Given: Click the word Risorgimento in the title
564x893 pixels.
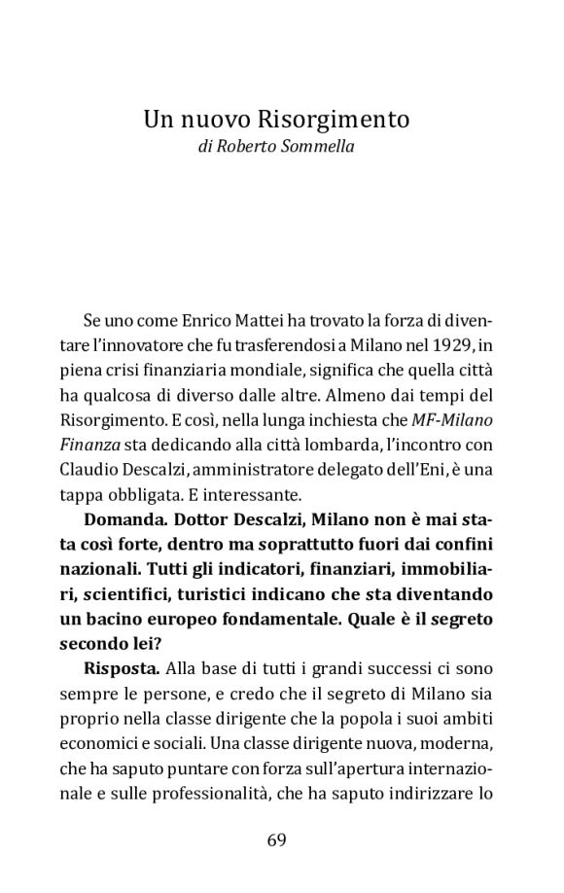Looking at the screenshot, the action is coord(335,120).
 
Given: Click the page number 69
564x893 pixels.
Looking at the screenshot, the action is coord(276,840).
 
